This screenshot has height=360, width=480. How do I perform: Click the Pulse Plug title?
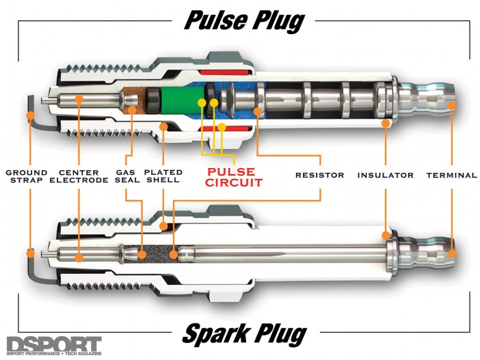coord(244,21)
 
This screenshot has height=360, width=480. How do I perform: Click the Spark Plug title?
coord(244,333)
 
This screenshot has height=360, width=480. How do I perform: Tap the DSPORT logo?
coord(54,346)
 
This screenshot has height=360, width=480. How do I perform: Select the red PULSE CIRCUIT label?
coord(234,177)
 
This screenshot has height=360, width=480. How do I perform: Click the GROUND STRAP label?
coord(27,176)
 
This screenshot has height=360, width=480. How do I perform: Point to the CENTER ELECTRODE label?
coord(79,176)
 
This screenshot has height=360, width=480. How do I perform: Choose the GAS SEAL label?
coord(127,176)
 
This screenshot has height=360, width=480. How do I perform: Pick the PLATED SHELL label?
coord(163,176)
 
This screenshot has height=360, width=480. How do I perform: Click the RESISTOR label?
coord(319,176)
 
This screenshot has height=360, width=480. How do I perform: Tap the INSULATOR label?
coord(386,176)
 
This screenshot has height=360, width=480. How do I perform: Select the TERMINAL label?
coord(452,176)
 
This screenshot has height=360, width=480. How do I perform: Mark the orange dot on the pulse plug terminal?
coord(452,105)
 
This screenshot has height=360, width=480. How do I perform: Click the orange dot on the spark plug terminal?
coord(452,254)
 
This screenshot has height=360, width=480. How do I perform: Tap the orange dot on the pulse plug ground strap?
coord(30,115)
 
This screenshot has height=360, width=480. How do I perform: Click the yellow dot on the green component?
coord(202,102)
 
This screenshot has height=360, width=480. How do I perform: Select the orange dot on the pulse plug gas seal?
coord(132,109)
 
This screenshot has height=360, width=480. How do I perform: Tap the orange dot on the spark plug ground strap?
coord(30,253)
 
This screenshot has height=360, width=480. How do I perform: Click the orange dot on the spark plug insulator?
coord(386,236)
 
